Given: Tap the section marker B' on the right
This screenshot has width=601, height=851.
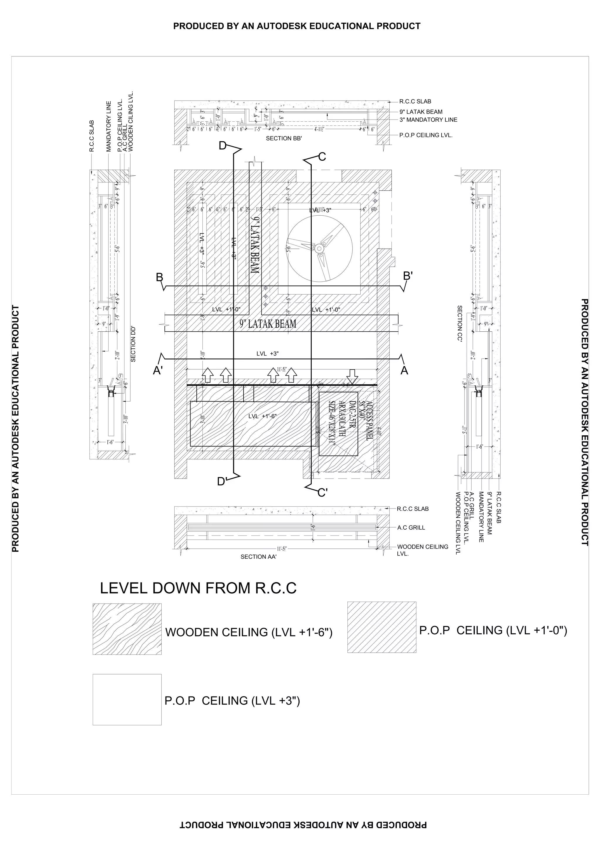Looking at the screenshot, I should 408,276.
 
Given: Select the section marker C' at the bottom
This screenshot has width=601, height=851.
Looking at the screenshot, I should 323,493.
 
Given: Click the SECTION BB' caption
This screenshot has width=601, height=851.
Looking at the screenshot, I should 284,138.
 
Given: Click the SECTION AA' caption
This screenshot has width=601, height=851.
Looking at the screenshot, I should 259,557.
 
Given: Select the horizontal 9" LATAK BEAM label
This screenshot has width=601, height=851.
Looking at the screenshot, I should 268,324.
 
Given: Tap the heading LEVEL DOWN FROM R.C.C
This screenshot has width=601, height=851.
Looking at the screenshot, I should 198,588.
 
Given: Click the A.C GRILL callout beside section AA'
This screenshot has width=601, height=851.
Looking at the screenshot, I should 411,527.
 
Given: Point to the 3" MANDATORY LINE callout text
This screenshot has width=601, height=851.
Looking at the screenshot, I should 428,120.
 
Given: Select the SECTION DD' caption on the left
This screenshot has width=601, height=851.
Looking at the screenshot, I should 133,344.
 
